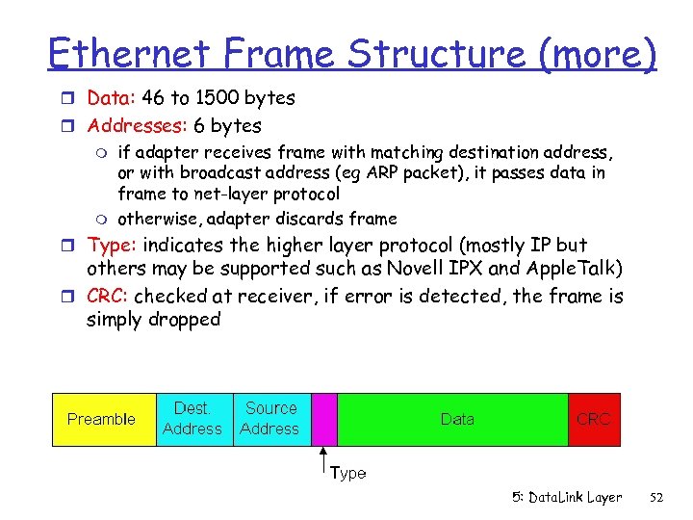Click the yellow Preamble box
(102, 419)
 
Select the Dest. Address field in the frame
(192, 419)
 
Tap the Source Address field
(270, 419)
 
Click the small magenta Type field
(324, 419)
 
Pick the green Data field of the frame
(456, 419)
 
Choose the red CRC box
(593, 419)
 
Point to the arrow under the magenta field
(324, 459)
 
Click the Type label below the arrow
(347, 473)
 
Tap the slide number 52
(657, 497)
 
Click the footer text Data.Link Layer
(567, 497)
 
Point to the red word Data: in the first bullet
(112, 98)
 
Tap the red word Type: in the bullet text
(112, 246)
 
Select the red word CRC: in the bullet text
(108, 297)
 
